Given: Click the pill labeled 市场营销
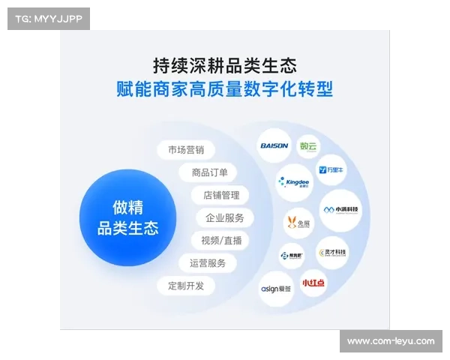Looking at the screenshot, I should pyautogui.click(x=186, y=149).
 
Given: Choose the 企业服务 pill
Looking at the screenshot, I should pyautogui.click(x=224, y=218).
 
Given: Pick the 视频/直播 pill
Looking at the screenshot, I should pyautogui.click(x=220, y=241).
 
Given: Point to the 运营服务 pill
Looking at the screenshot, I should pyautogui.click(x=208, y=263).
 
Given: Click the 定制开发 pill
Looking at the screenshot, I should pyautogui.click(x=186, y=286).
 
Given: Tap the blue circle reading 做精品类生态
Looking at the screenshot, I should pyautogui.click(x=127, y=217).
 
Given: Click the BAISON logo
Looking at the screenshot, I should pyautogui.click(x=273, y=145).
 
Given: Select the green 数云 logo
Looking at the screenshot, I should pyautogui.click(x=308, y=145).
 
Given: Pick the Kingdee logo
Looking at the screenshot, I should pyautogui.click(x=294, y=181).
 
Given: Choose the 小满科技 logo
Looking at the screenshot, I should pyautogui.click(x=341, y=211).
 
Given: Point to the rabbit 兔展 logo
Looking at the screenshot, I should pyautogui.click(x=298, y=223).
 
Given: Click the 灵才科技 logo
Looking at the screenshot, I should pyautogui.click(x=332, y=253).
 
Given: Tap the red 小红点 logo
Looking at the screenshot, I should pyautogui.click(x=313, y=283).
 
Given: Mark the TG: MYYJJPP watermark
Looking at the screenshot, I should pyautogui.click(x=48, y=19).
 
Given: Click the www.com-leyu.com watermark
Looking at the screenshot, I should pyautogui.click(x=390, y=341).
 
